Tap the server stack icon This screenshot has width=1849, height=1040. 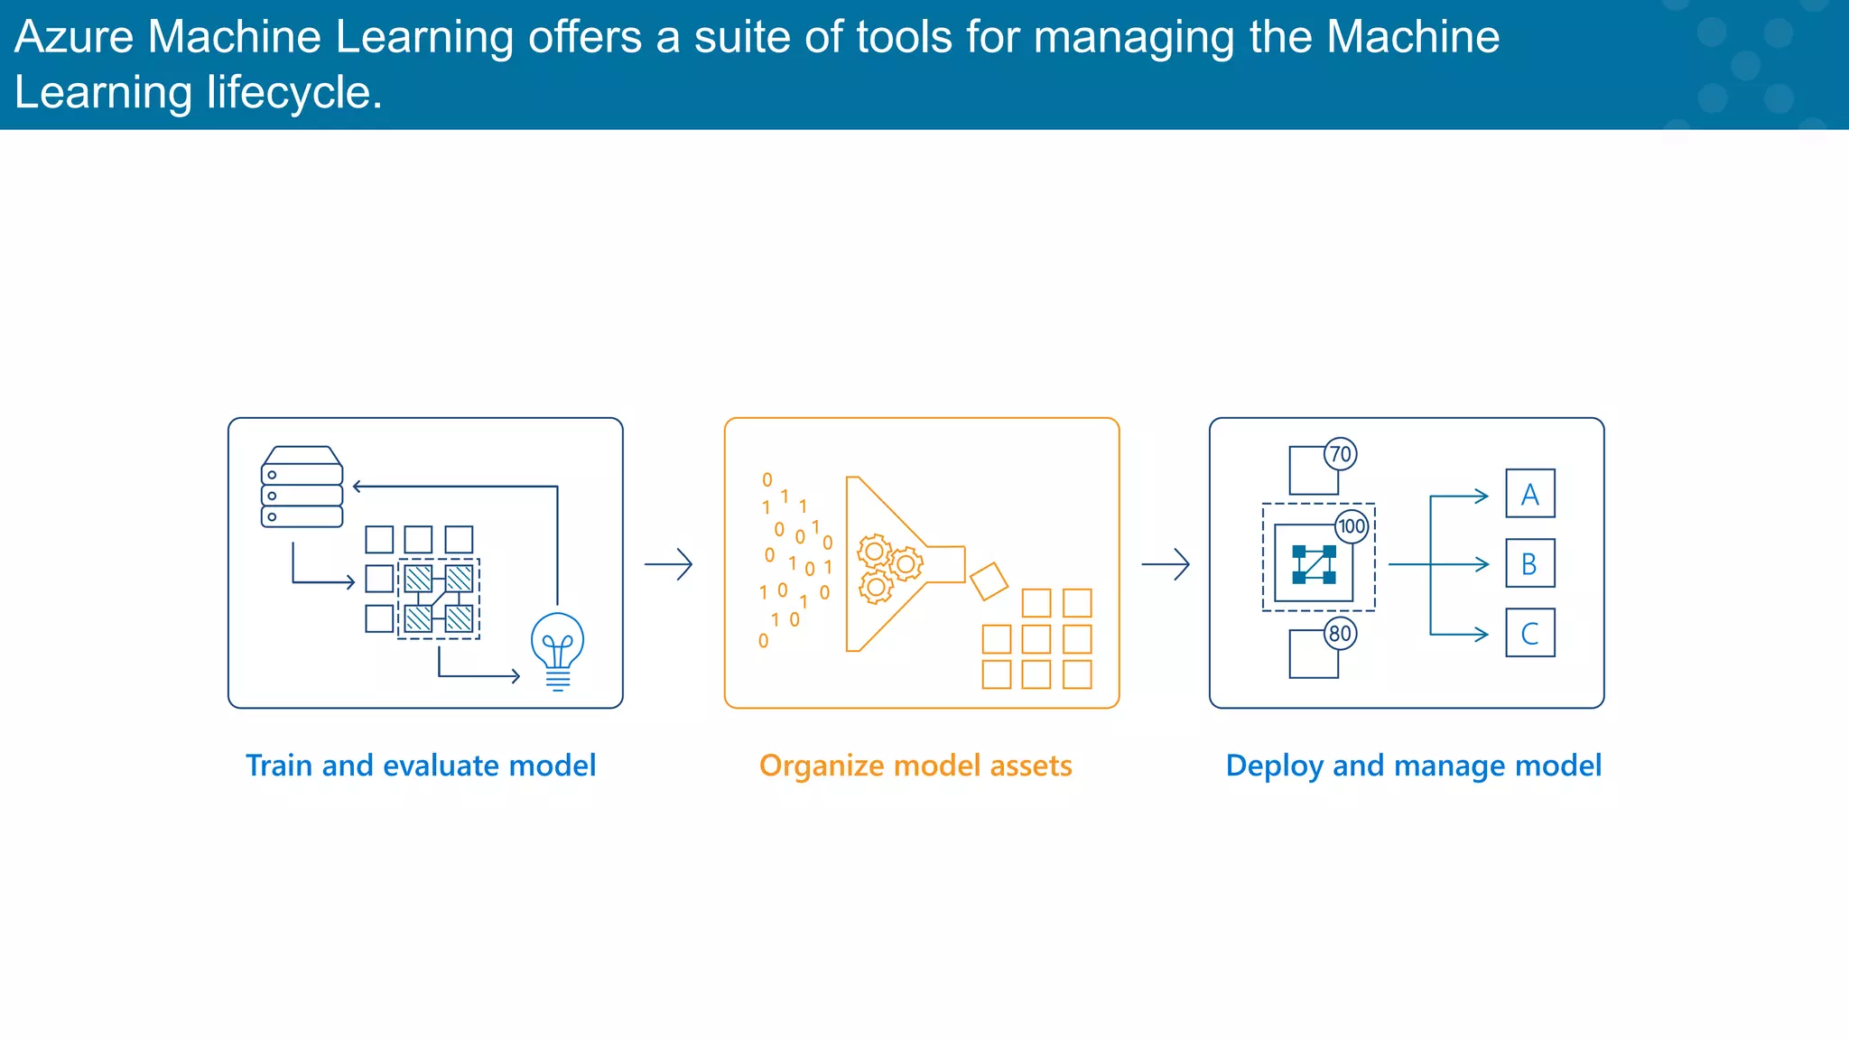point(302,487)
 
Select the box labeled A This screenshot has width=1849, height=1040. point(1530,493)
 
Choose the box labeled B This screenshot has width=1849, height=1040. point(1530,563)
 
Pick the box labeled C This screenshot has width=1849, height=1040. point(1530,633)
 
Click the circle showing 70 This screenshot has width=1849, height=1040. point(1341,454)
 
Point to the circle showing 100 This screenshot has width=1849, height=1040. point(1352,526)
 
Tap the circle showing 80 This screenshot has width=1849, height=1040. point(1341,633)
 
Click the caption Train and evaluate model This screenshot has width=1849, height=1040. point(421,766)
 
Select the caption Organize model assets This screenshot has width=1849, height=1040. point(915,766)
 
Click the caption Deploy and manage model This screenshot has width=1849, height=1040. point(1413,766)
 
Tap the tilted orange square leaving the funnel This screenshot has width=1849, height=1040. point(989,581)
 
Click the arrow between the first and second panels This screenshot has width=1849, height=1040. point(669,564)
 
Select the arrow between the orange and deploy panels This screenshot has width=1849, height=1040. point(1166,564)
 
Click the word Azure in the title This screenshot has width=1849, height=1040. point(73,38)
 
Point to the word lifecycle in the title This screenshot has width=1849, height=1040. point(294,93)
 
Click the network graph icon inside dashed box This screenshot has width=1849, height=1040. point(1314,564)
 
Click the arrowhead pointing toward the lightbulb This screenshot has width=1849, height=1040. point(516,675)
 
